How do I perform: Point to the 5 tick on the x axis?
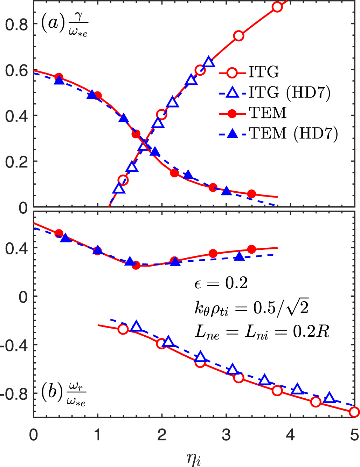click(x=354, y=435)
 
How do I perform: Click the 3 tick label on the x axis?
click(x=226, y=435)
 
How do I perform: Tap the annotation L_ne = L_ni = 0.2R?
click(x=262, y=331)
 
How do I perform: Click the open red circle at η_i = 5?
click(x=354, y=412)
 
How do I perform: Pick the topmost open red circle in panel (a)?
click(x=277, y=7)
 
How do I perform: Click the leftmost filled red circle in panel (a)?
click(x=59, y=77)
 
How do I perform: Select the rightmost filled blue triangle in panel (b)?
click(x=240, y=256)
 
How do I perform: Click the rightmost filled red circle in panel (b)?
click(x=251, y=249)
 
